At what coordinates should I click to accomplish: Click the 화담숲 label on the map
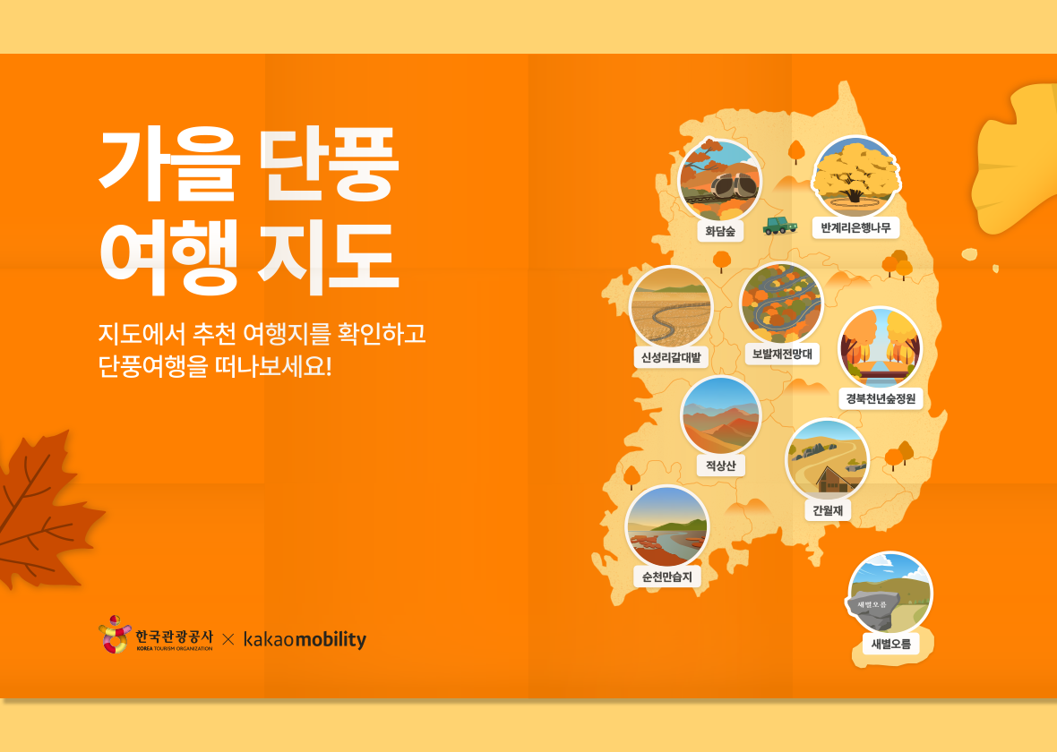(720, 231)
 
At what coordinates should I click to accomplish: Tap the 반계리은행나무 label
(855, 227)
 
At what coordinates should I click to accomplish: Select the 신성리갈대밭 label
(671, 357)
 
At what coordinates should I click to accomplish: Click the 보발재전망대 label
(781, 354)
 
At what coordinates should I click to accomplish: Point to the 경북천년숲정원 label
(881, 398)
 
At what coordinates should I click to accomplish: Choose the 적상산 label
(720, 466)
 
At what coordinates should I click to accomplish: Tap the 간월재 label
(827, 510)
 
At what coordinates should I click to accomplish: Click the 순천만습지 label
(666, 577)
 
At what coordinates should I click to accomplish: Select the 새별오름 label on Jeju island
(890, 643)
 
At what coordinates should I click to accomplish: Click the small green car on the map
(779, 225)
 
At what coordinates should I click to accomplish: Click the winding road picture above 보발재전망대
(781, 303)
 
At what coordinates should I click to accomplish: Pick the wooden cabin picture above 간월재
(827, 460)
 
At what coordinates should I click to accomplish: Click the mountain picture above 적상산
(720, 416)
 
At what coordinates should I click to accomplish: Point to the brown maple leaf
(40, 510)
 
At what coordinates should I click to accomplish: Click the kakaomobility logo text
(305, 639)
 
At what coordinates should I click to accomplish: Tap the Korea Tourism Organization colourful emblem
(114, 635)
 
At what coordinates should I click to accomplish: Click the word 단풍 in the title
(328, 166)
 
